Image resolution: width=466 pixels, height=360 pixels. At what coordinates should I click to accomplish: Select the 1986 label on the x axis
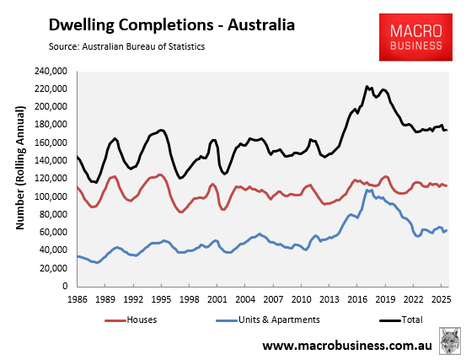(x=77, y=298)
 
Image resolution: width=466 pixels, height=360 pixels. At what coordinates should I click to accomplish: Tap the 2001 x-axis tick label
(x=217, y=298)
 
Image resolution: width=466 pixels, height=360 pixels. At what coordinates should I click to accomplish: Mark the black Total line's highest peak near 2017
(x=367, y=86)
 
